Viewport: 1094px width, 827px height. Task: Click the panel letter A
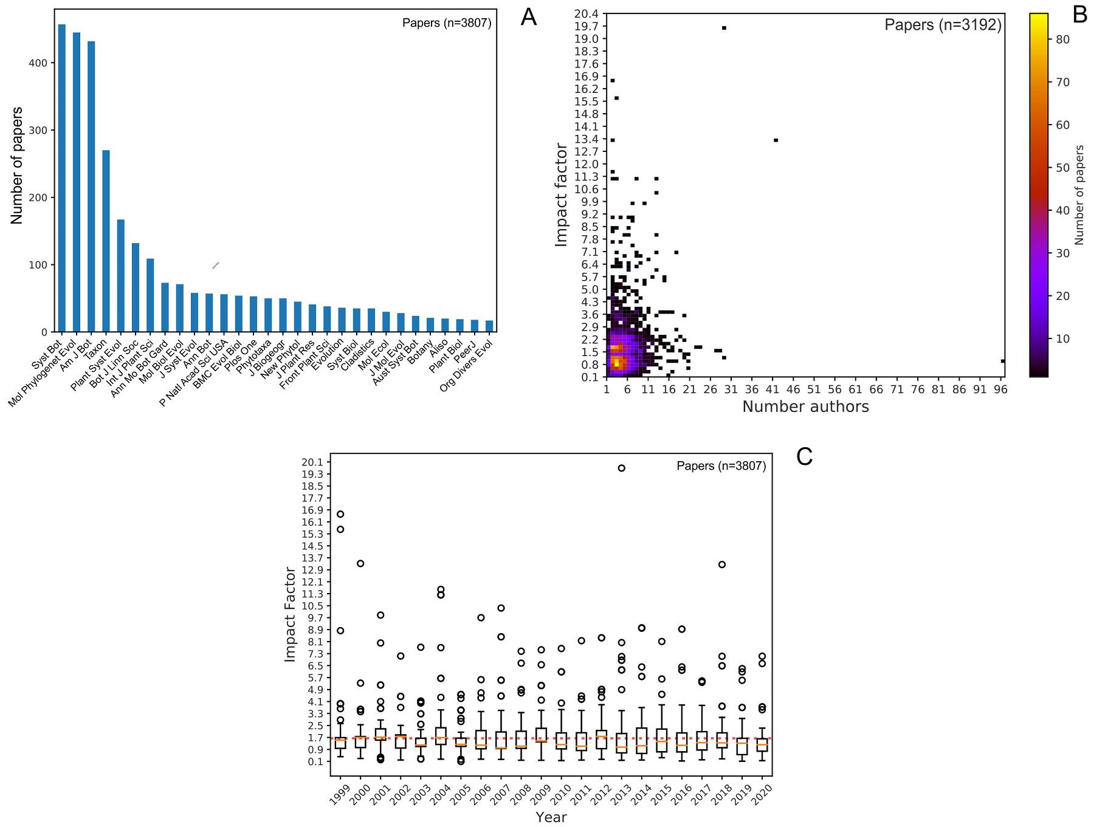point(529,18)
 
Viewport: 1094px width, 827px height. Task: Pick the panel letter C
point(804,457)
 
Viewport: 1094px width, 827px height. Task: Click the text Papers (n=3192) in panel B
point(943,25)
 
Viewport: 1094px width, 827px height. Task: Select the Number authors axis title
point(805,407)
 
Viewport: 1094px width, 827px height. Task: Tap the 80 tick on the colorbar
point(1062,39)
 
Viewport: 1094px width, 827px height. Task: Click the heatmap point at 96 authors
point(1003,362)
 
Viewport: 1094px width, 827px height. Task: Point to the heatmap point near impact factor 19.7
point(724,28)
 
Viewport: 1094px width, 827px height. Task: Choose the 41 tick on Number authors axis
point(772,389)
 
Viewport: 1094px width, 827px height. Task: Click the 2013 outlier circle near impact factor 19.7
point(621,468)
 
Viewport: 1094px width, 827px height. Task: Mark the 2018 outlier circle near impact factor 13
point(721,564)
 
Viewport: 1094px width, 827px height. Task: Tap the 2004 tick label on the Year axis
point(440,794)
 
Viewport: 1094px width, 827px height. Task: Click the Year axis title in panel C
point(551,817)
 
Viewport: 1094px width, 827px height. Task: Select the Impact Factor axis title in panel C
point(290,614)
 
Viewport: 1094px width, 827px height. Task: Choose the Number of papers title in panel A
point(17,165)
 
